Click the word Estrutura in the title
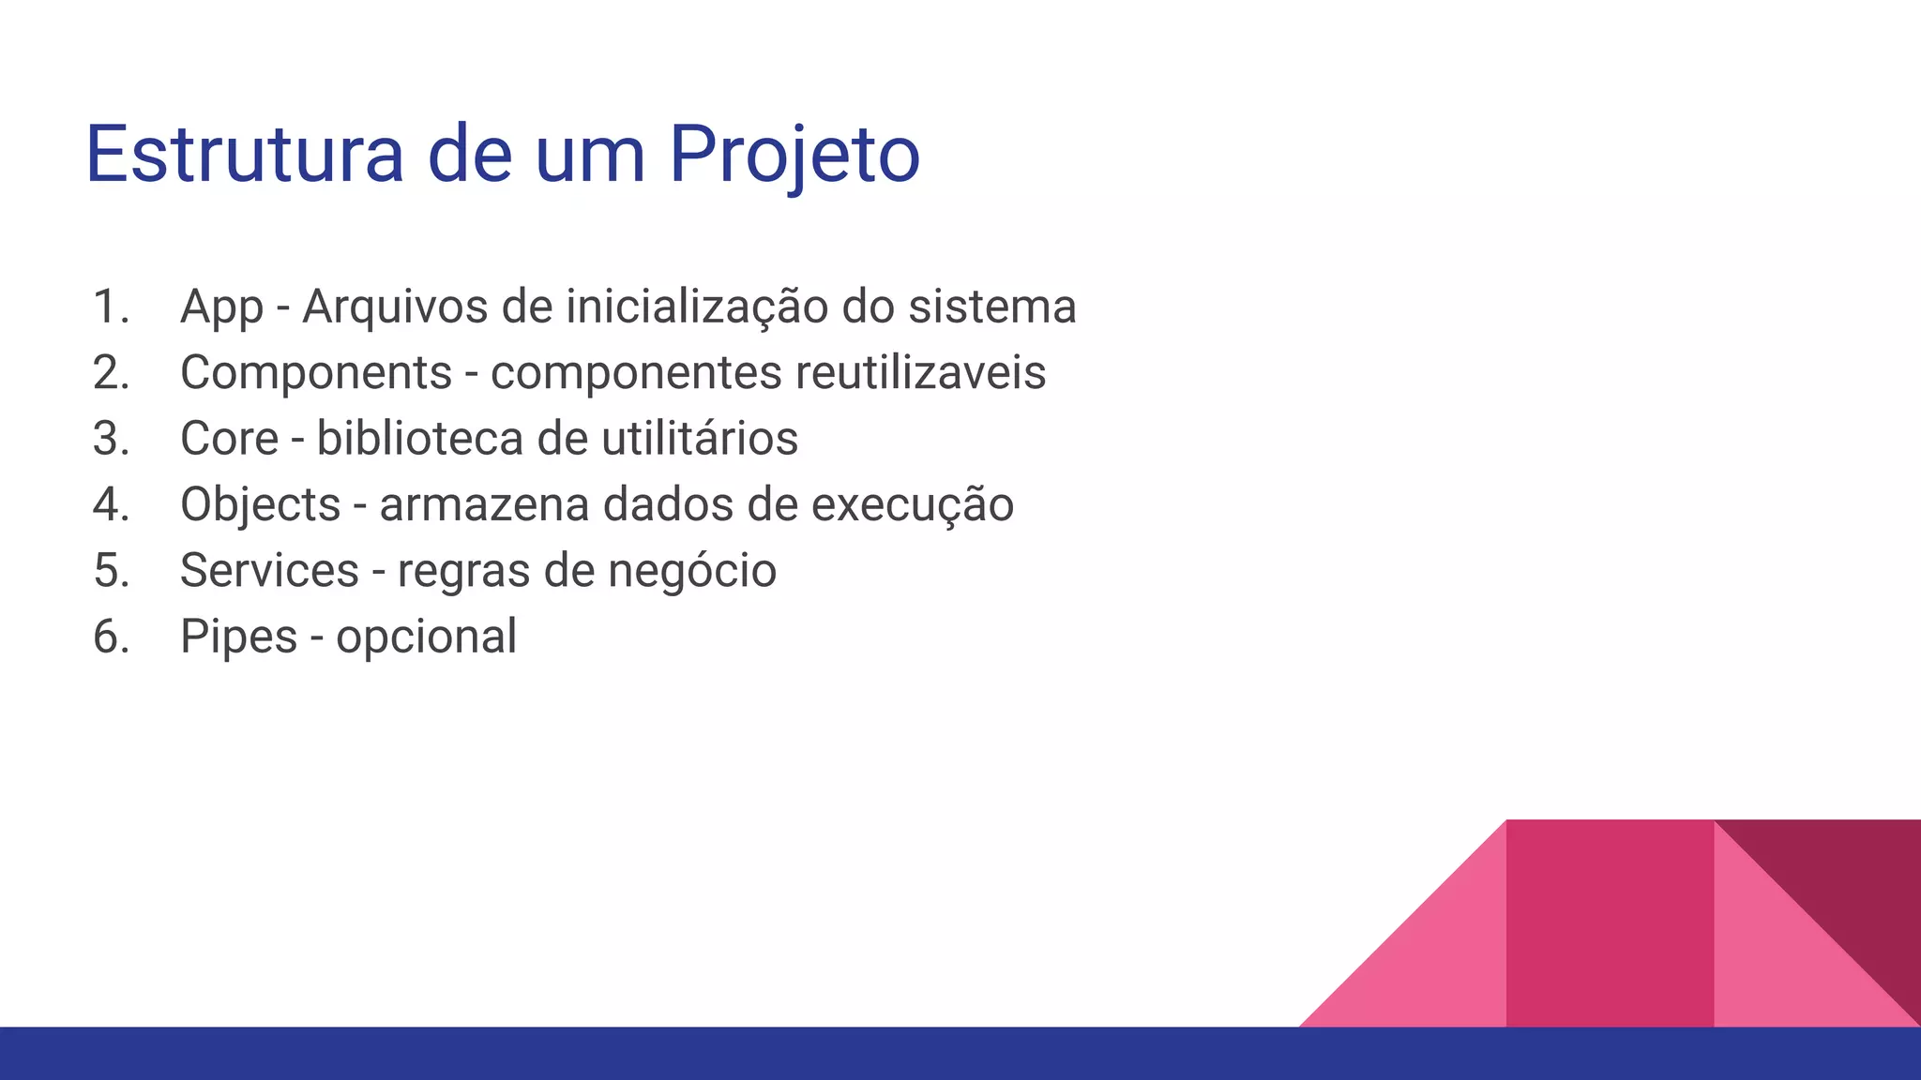point(244,155)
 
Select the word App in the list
point(221,307)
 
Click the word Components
point(316,373)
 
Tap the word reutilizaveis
point(920,373)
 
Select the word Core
point(229,439)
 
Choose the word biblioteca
point(416,439)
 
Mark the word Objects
point(260,505)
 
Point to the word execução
point(912,505)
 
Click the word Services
point(269,571)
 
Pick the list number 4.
point(110,505)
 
